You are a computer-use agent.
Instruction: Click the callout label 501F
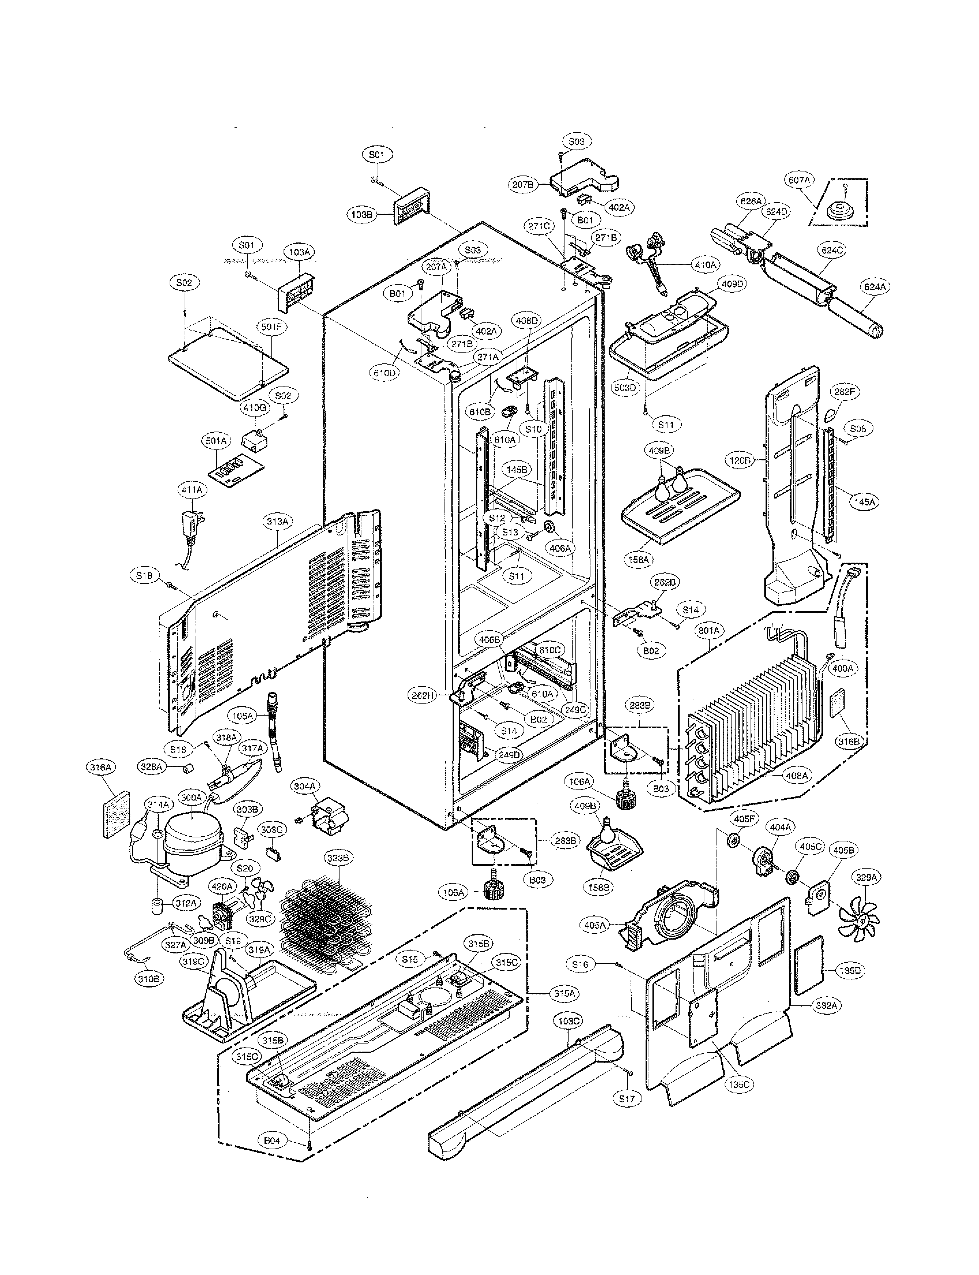click(x=271, y=327)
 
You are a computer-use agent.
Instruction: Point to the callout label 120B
click(x=740, y=460)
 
